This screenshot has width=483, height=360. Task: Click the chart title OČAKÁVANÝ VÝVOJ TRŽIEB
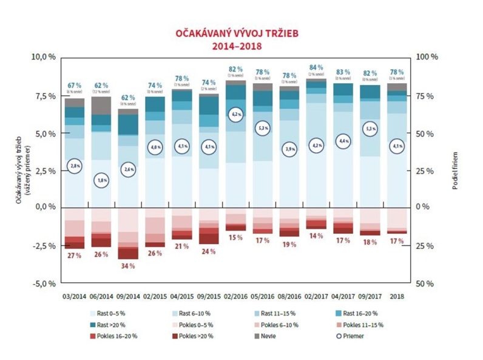pos(241,34)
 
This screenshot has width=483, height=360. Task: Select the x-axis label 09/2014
pos(128,296)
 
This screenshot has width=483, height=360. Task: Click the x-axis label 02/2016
pos(236,296)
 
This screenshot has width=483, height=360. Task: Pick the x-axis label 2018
pos(397,296)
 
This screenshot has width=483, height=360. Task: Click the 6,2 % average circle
pos(236,114)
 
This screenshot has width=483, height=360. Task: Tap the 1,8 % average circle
pos(101,180)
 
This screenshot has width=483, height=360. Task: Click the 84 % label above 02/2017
pos(317,68)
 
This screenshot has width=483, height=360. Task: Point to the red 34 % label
pos(128,266)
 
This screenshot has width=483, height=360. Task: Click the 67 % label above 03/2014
pos(75,85)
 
